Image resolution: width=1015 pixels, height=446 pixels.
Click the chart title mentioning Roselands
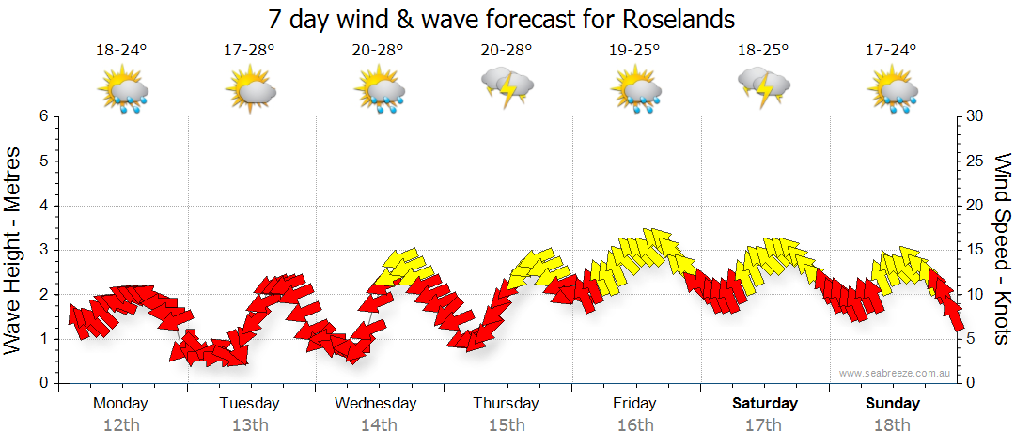click(502, 19)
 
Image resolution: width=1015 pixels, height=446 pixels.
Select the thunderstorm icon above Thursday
click(507, 86)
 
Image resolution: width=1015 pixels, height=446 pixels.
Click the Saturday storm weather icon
click(763, 86)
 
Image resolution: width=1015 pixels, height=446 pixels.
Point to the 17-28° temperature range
click(249, 50)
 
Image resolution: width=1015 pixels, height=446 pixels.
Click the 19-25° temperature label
click(634, 50)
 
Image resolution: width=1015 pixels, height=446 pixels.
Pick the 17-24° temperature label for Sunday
click(891, 50)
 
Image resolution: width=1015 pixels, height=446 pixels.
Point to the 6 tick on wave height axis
click(43, 116)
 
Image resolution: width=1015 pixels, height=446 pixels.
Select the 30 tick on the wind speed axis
click(976, 116)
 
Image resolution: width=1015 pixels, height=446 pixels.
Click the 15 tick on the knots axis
click(976, 250)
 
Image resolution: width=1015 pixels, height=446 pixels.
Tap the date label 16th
click(634, 424)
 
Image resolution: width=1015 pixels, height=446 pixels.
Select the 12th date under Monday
click(121, 424)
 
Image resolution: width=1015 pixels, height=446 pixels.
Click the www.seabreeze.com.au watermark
click(896, 374)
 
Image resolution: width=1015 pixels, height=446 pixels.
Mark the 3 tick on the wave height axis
click(43, 250)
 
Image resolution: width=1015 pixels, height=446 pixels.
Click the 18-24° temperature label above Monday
click(121, 50)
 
